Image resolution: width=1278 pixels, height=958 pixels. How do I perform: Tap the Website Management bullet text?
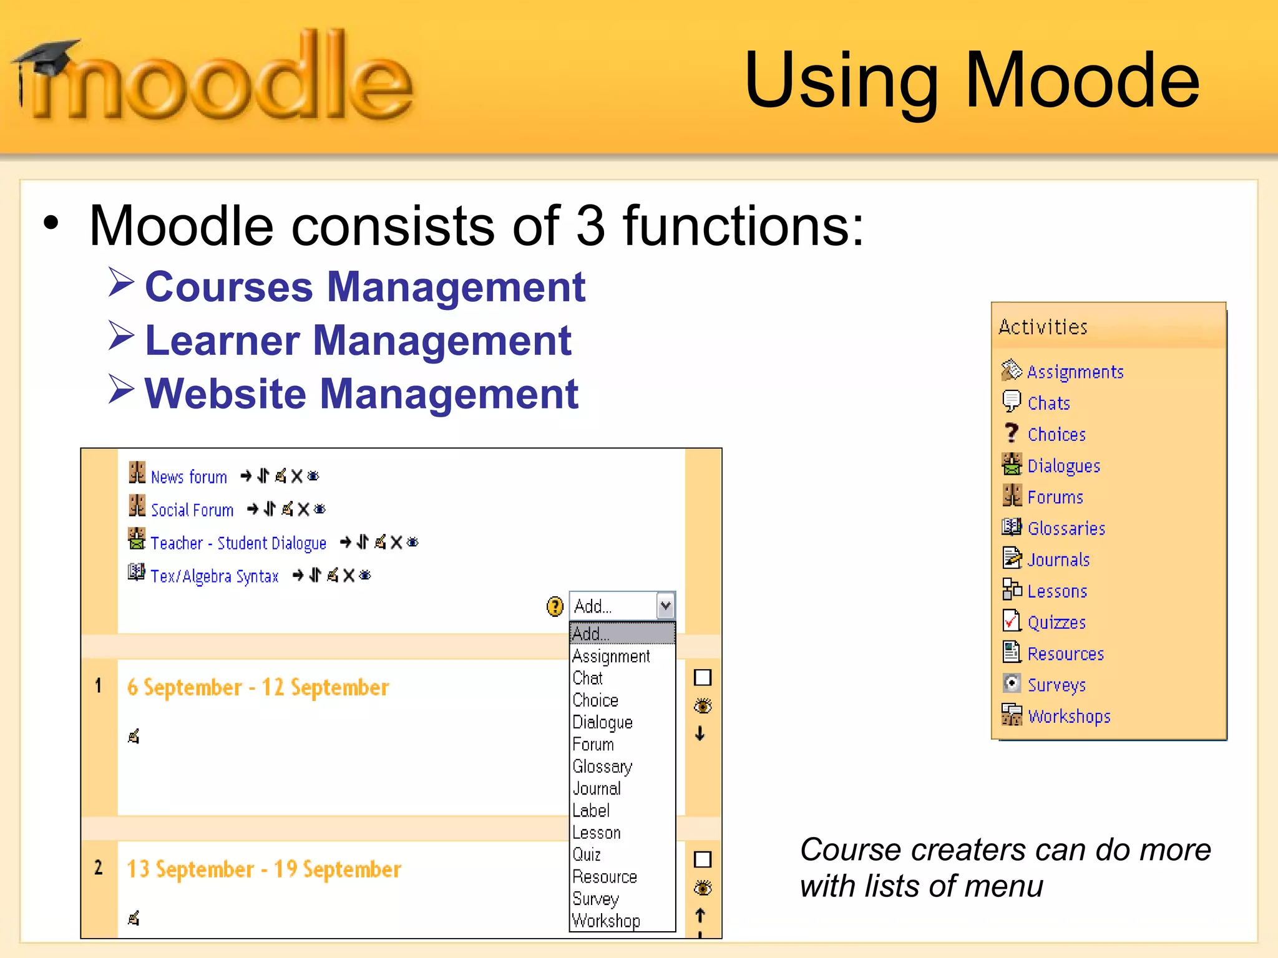(x=361, y=394)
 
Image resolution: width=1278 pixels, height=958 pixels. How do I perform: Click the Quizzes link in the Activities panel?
(x=1056, y=622)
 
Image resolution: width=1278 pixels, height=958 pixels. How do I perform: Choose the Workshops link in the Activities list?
(x=1069, y=716)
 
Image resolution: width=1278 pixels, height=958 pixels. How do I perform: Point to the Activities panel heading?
(x=1043, y=327)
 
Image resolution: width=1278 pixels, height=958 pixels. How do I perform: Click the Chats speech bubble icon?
(x=1011, y=401)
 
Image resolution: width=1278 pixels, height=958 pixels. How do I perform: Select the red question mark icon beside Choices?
(x=1011, y=433)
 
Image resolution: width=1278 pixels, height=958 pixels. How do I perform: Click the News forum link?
(x=188, y=477)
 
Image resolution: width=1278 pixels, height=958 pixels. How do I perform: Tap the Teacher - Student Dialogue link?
(x=238, y=543)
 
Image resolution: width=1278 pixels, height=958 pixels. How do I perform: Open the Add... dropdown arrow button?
(x=665, y=605)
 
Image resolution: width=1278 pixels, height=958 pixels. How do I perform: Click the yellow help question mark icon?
(x=555, y=606)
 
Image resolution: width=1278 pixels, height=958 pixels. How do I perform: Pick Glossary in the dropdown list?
(x=602, y=767)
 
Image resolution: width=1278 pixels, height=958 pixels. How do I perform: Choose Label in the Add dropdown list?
(x=591, y=811)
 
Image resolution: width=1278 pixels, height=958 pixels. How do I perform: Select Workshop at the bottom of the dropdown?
(x=606, y=921)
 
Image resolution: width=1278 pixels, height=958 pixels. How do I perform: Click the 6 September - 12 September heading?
(x=258, y=687)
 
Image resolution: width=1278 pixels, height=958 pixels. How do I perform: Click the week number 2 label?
(x=98, y=868)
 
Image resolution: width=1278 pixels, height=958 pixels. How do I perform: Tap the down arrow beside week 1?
(x=700, y=733)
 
